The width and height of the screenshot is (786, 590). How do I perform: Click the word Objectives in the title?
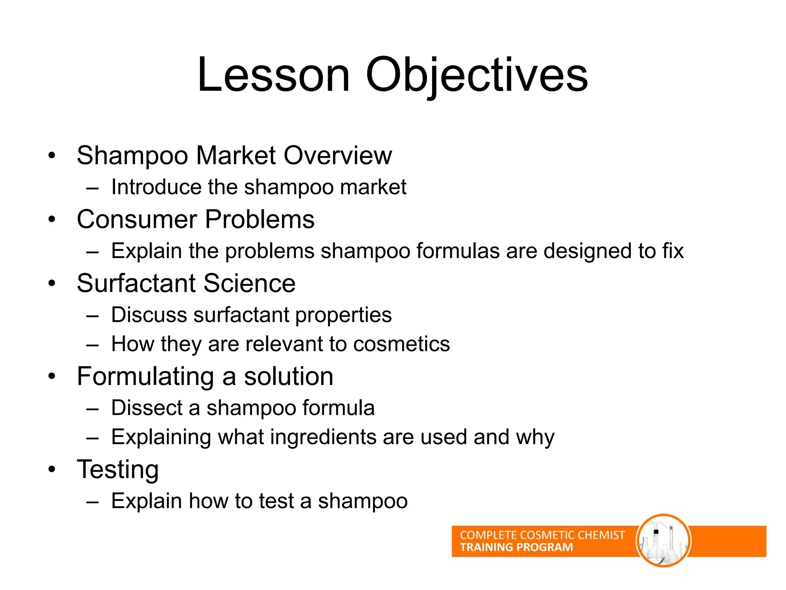tap(477, 75)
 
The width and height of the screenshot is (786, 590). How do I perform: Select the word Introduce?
tap(156, 187)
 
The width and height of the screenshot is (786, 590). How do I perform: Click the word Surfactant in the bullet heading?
tap(136, 283)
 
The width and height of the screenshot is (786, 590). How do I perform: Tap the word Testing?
tap(117, 469)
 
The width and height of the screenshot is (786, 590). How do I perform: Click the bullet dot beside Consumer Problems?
tap(52, 220)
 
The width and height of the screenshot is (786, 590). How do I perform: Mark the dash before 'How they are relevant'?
tap(92, 345)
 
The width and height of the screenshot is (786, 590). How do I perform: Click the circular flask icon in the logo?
tap(663, 540)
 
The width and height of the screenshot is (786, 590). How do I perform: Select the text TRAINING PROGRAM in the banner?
tap(516, 547)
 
